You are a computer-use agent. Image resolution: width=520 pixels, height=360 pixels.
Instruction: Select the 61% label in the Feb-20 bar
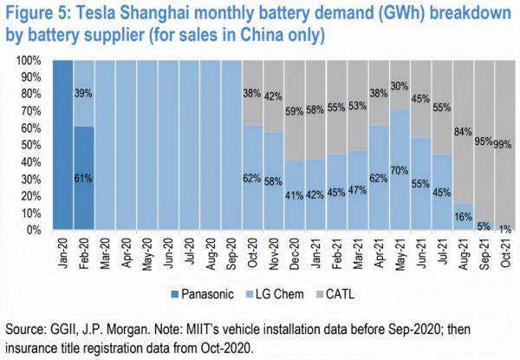tap(84, 178)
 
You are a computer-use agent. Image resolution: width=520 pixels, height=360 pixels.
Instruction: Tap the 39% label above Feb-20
tap(84, 94)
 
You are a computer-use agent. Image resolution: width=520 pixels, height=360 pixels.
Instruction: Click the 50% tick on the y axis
tap(33, 146)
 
